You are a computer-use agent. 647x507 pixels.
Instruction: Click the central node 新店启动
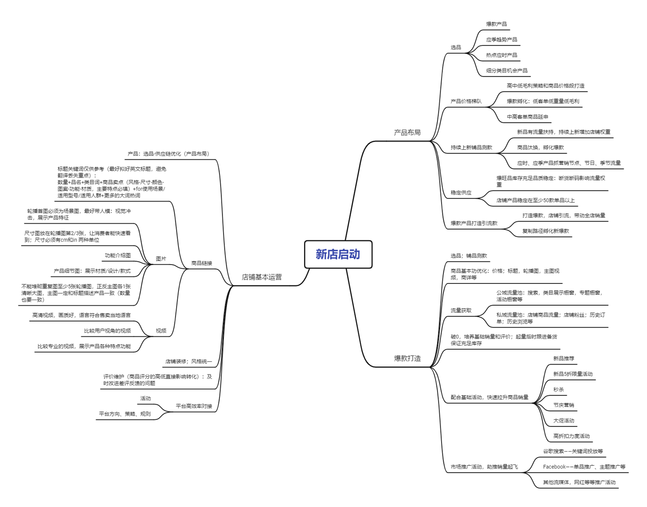[338, 254]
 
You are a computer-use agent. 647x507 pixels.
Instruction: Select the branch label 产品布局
[407, 132]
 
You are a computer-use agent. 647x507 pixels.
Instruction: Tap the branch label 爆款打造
[407, 358]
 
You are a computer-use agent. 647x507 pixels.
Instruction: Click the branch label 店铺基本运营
[262, 277]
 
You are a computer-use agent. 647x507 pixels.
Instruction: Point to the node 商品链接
[201, 263]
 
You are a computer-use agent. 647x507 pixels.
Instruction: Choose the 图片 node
[161, 259]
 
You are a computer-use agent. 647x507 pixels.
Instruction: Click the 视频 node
[161, 331]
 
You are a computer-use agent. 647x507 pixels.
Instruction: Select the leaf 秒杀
[558, 389]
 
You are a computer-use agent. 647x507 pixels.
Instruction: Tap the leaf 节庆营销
[564, 405]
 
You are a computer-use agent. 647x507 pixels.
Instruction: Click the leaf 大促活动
[564, 420]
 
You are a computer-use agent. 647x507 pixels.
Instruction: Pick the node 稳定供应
[461, 192]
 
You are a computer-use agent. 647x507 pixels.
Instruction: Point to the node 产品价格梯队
[466, 101]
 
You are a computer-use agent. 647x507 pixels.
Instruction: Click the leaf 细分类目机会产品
[506, 71]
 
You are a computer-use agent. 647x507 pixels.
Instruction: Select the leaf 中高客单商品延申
[527, 117]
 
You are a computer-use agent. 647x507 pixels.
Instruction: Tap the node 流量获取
[461, 311]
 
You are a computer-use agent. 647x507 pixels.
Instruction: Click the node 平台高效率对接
[194, 406]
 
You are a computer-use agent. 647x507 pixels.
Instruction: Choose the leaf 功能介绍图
[118, 256]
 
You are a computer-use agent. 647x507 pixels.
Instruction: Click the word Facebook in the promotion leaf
[554, 467]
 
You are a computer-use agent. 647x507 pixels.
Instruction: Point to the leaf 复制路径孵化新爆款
[545, 231]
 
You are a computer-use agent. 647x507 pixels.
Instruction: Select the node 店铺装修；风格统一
[188, 361]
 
